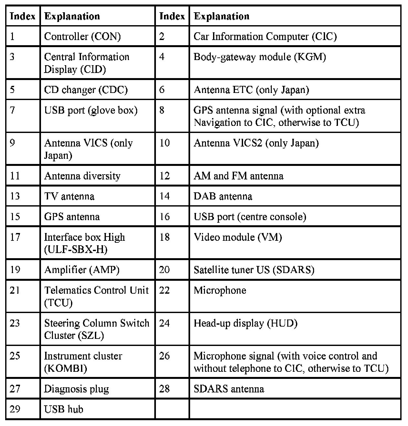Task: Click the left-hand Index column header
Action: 22,16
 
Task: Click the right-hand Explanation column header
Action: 221,16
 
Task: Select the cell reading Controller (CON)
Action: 82,36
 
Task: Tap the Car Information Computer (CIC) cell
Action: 265,36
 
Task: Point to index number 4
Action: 162,57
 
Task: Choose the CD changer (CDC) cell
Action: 86,89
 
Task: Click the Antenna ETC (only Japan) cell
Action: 251,89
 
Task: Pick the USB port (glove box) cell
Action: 91,110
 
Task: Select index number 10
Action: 165,143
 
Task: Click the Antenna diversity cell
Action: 82,176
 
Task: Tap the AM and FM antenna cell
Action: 238,176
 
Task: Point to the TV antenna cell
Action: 69,196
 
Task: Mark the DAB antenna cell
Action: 223,196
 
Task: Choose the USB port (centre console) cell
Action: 250,217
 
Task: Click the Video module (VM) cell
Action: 238,237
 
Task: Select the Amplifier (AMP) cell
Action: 82,270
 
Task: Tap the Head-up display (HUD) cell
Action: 245,323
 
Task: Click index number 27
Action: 15,389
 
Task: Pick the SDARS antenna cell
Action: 229,389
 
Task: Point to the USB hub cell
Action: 64,409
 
